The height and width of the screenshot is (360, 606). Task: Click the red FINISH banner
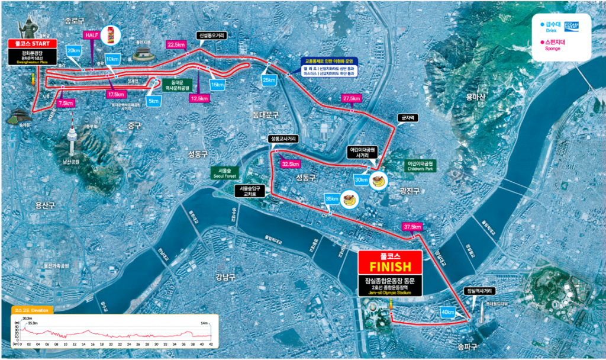point(390,263)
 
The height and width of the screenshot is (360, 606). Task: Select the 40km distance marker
point(448,312)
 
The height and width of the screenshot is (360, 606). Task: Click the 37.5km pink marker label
point(412,227)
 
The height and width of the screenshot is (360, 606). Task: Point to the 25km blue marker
point(269,80)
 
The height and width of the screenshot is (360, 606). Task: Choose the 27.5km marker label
point(352,98)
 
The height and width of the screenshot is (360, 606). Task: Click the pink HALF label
point(92,35)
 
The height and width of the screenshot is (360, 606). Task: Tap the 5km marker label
point(153,101)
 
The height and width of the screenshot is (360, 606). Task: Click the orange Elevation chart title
point(32,310)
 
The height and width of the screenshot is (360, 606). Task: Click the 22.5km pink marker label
point(176,44)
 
